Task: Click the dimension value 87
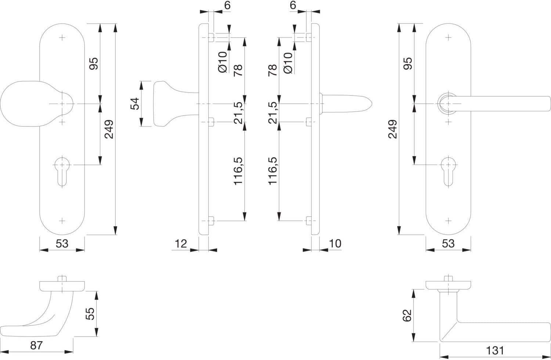coord(36,345)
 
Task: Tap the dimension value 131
coord(495,351)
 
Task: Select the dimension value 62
coord(407,316)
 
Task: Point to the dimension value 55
coord(90,314)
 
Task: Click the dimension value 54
coord(134,104)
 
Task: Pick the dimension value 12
coord(181,244)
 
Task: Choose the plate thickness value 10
coord(335,244)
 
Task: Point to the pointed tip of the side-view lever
coord(372,104)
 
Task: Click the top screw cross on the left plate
coord(62,37)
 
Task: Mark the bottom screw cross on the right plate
coord(448,221)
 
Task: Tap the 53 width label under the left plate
coord(62,244)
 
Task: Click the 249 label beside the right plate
coord(393,129)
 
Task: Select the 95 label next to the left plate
coord(93,64)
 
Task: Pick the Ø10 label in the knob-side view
coord(223,62)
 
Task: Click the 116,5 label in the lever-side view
coord(273,171)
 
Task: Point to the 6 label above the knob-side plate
coord(227,5)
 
